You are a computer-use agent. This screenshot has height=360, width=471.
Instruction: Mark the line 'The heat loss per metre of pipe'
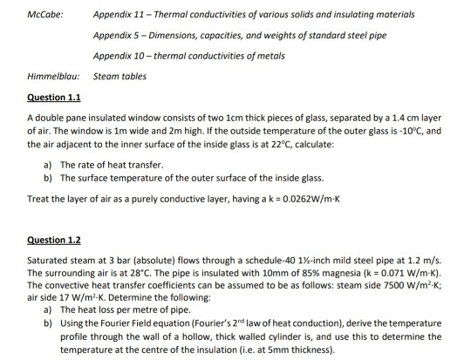click(125, 308)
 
